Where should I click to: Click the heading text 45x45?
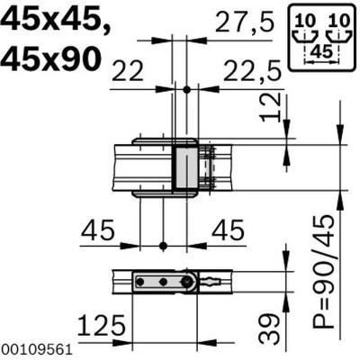(56, 20)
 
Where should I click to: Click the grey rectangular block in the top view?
(184, 166)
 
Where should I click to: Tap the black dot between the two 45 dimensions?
(163, 245)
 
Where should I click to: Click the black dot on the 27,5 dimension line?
(185, 89)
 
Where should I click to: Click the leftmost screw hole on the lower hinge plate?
(140, 282)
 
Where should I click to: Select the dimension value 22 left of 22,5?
(130, 70)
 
